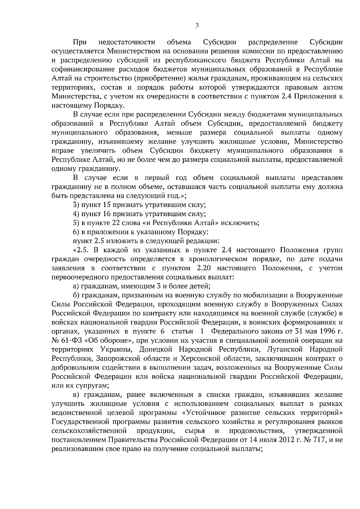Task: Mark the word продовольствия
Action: click(x=256, y=431)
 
